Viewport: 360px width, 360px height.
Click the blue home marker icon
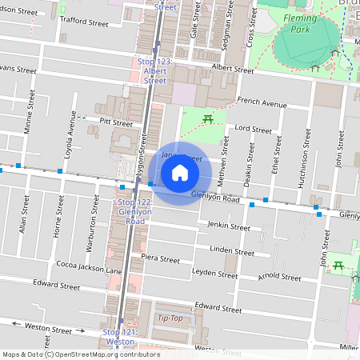tap(180, 172)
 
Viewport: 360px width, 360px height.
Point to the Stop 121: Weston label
tap(119, 336)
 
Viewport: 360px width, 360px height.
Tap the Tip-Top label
tap(170, 318)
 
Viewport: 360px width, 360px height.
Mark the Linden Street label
tap(232, 250)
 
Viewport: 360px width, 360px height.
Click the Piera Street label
tap(160, 259)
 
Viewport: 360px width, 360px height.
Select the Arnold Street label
tap(280, 277)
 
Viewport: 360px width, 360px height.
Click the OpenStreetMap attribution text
tap(80, 354)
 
